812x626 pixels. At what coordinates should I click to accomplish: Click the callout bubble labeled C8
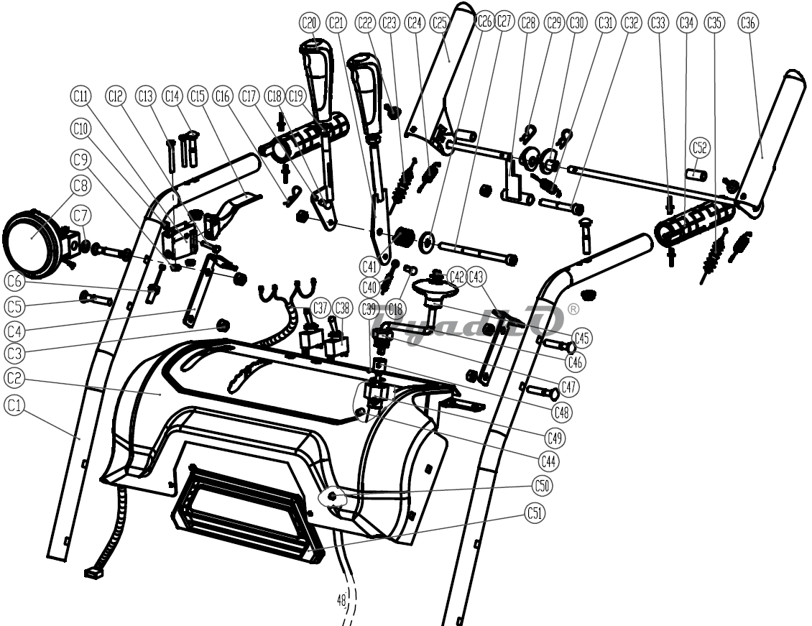80,185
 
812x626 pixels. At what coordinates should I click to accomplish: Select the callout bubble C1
14,406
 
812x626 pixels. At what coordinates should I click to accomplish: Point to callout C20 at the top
309,22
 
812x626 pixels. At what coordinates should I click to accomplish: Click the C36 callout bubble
747,22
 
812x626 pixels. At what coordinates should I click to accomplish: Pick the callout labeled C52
699,148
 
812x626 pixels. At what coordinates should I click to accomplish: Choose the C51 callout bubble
534,513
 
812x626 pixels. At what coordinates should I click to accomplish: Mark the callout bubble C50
543,486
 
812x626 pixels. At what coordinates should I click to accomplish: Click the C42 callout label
456,277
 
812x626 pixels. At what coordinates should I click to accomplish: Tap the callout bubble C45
582,338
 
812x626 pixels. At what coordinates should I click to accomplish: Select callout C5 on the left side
14,306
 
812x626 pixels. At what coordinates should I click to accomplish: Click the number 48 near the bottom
341,599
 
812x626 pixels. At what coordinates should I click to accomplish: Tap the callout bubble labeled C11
80,95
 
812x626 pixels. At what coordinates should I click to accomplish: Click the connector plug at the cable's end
91,573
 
